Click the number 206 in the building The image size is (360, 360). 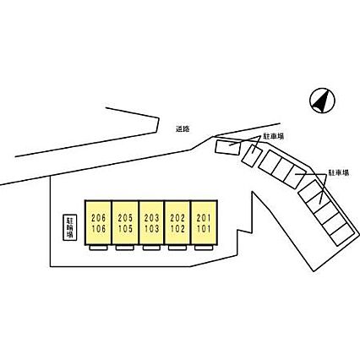[99, 218]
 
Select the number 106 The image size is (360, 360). [99, 229]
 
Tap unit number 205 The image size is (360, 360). [125, 218]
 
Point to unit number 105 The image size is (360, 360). [125, 229]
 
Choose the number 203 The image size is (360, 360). [152, 218]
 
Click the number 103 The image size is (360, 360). [152, 229]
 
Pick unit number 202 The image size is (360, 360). [177, 218]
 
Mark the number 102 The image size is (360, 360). [177, 229]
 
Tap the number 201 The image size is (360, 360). [204, 218]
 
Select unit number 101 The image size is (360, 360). [204, 229]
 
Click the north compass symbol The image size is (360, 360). [322, 101]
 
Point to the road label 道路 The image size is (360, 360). [183, 129]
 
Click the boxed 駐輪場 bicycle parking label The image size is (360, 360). [69, 228]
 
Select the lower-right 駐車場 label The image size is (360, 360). [338, 172]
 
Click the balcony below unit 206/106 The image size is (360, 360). [98, 248]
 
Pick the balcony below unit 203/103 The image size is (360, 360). [151, 248]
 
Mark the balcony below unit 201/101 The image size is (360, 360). [204, 248]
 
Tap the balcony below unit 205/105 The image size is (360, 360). [125, 248]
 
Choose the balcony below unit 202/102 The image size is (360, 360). [177, 248]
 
